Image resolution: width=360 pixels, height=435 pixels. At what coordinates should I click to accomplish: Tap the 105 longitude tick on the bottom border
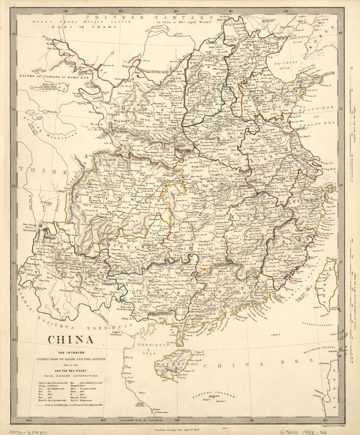coord(104,420)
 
